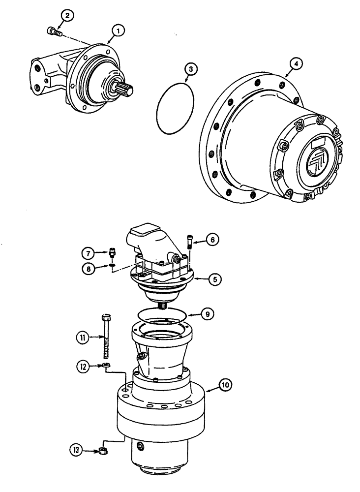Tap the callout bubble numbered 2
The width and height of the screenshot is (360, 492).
coord(66,16)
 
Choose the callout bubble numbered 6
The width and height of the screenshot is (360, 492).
coord(212,240)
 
